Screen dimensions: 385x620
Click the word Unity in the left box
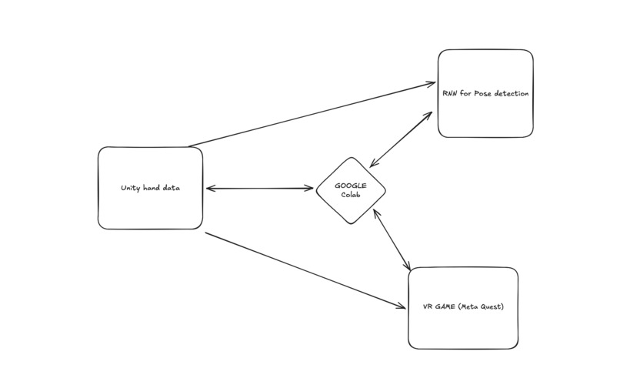130,188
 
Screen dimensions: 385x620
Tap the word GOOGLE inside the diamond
350,186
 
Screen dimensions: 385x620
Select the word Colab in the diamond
351,194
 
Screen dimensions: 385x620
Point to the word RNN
450,93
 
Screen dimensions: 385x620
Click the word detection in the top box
510,93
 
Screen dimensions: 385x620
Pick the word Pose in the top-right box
483,93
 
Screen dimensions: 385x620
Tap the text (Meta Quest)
482,307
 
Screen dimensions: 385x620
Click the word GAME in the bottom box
445,307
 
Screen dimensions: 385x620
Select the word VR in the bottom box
428,307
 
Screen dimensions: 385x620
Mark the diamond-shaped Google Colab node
351,190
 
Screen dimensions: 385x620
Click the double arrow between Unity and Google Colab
260,188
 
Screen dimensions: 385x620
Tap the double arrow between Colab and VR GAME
392,239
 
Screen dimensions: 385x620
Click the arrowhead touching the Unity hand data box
209,188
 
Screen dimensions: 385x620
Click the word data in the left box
171,188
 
